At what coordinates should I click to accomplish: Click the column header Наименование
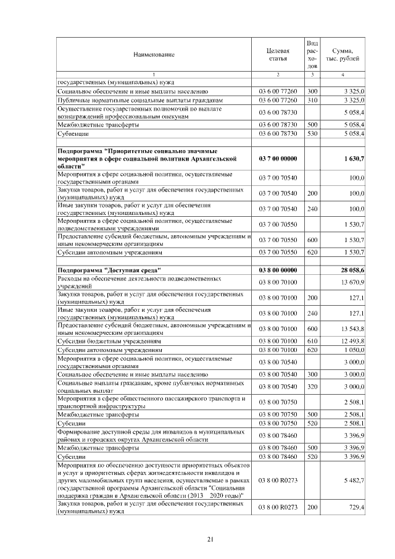coord(154,54)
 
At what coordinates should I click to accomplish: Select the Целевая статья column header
coord(278,54)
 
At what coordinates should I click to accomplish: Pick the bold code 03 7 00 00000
coord(278,159)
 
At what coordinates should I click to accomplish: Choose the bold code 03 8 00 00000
coord(278,270)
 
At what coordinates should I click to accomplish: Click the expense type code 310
coord(312,99)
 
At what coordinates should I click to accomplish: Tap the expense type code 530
coord(312,133)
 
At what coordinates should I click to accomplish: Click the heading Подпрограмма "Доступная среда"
coord(109,270)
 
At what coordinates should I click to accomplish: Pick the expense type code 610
coord(312,340)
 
